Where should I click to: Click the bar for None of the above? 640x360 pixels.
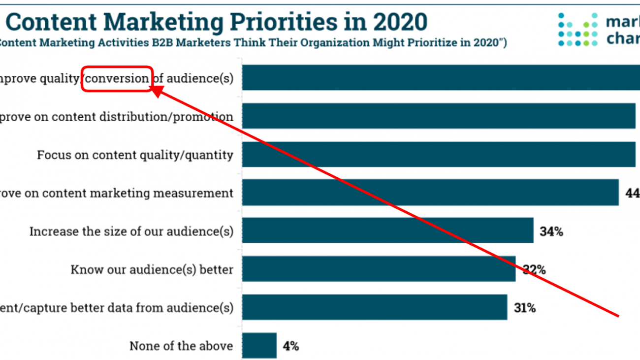[259, 345]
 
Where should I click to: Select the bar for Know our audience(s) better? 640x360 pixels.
[379, 269]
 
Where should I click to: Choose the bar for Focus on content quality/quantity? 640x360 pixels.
[439, 154]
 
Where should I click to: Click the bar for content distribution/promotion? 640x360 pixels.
[439, 116]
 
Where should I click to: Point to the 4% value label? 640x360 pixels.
[290, 346]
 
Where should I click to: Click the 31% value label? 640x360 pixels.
[525, 308]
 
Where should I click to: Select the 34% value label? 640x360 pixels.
[551, 231]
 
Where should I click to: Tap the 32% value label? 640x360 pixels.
[534, 269]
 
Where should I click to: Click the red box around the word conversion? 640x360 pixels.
[117, 79]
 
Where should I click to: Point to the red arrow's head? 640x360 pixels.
[156, 90]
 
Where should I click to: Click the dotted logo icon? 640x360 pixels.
[578, 30]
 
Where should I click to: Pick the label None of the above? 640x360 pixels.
[181, 346]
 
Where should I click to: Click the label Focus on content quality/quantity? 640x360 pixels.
[135, 155]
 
